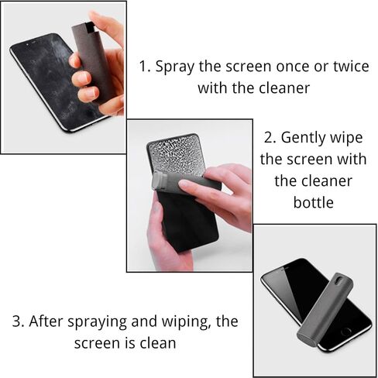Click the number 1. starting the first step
click(x=144, y=67)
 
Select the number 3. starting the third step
click(x=18, y=321)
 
